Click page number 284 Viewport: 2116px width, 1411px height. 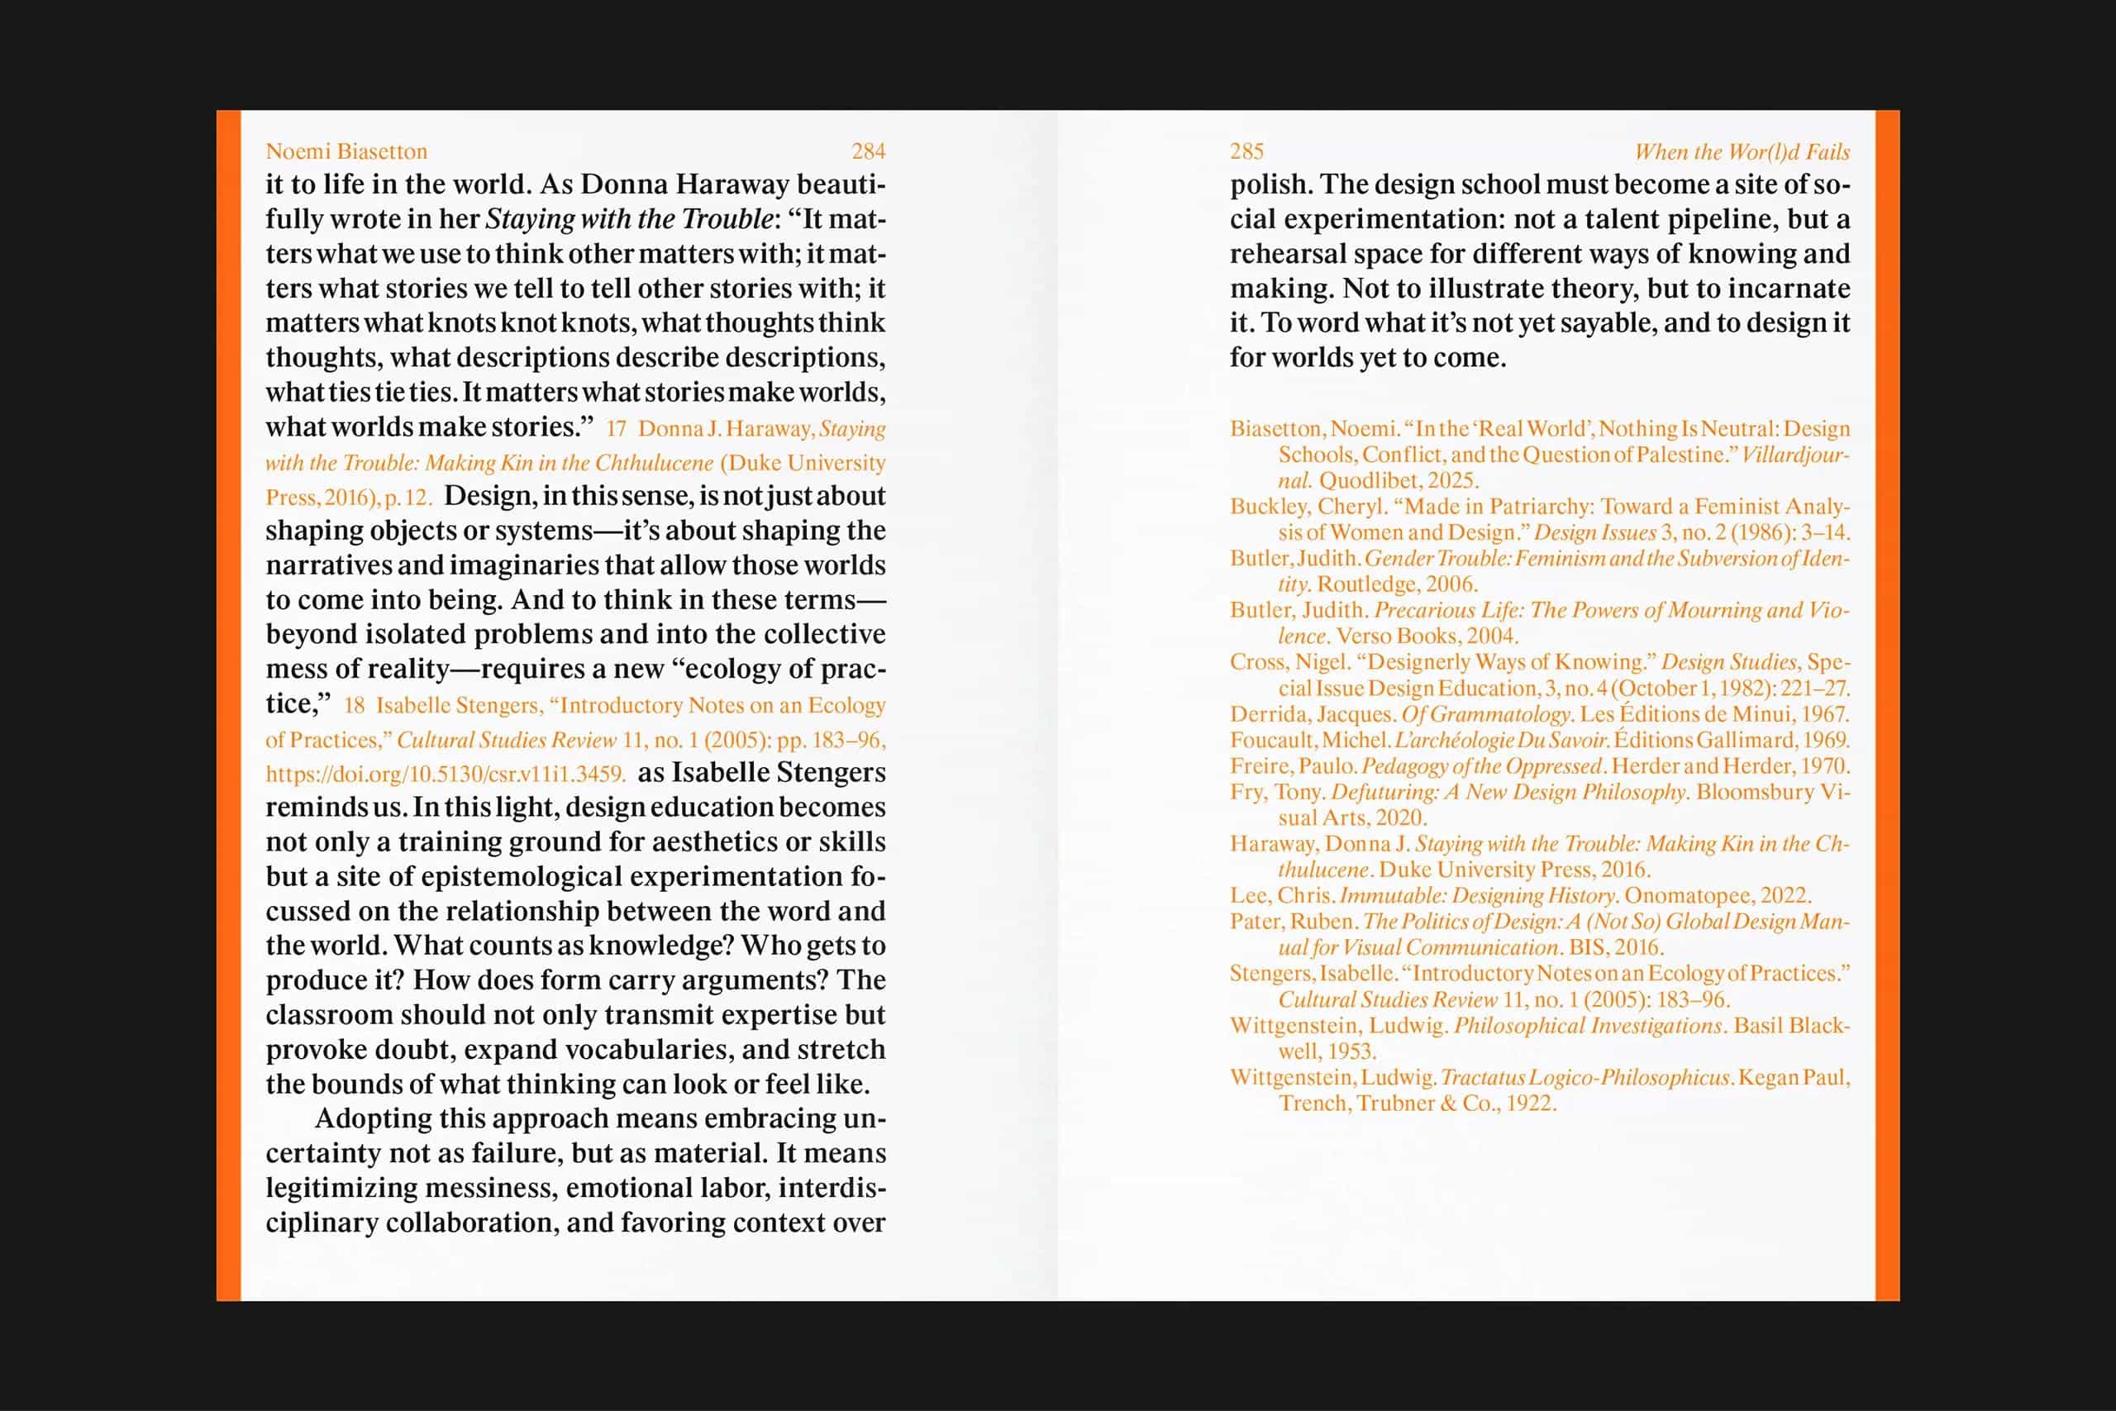[x=868, y=151]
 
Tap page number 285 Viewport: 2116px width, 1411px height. [x=1247, y=151]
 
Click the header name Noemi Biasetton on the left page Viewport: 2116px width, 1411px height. [x=346, y=151]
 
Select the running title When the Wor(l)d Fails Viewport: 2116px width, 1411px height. [x=1742, y=152]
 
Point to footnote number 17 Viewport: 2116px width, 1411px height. [x=617, y=429]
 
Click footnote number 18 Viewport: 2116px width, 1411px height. [x=355, y=706]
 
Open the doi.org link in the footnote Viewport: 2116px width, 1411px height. [x=446, y=774]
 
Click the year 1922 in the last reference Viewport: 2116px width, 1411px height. [x=1529, y=1104]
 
